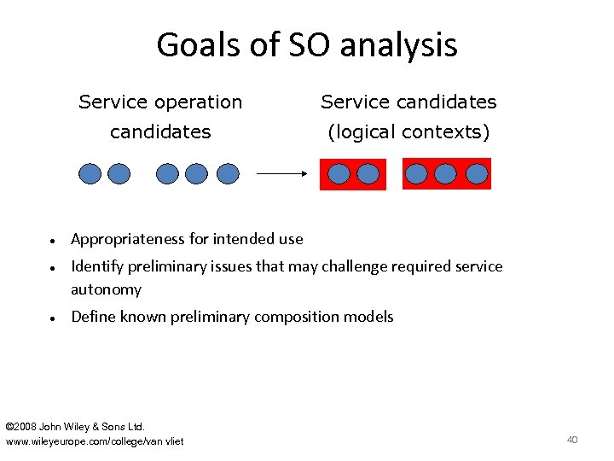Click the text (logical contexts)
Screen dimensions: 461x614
408,132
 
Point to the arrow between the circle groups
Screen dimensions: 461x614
281,173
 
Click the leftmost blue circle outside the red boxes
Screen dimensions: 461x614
90,174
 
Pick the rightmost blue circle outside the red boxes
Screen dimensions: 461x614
228,174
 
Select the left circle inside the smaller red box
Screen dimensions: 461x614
339,174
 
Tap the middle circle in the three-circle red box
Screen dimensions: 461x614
446,174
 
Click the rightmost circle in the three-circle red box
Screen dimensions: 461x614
477,174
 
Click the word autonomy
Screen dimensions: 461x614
106,289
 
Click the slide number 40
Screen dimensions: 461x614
572,440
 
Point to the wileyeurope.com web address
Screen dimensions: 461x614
94,441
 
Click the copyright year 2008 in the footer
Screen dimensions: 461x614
26,426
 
